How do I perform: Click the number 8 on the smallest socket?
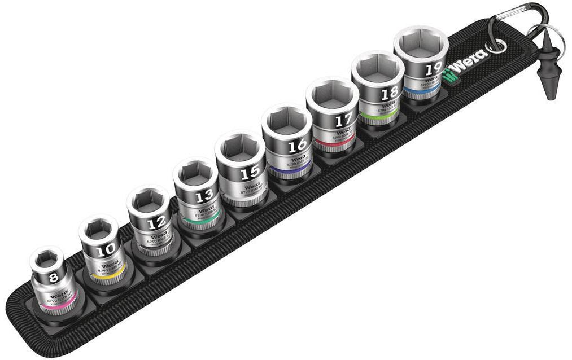click(54, 277)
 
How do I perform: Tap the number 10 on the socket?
click(106, 249)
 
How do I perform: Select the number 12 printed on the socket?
click(156, 223)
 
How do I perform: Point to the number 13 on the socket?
click(204, 196)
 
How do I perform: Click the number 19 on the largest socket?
click(433, 69)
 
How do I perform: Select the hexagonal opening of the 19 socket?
click(421, 44)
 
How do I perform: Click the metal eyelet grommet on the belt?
click(496, 46)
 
